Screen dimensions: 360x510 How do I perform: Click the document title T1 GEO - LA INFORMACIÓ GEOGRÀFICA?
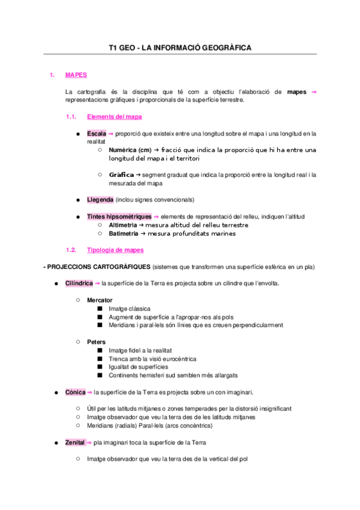point(180,47)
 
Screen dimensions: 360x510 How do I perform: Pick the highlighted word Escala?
point(96,134)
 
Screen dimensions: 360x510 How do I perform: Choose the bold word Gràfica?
point(121,174)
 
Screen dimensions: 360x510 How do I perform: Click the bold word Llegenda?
point(100,200)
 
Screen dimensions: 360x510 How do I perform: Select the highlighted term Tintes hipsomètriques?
point(119,217)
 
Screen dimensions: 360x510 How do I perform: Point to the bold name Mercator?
point(99,300)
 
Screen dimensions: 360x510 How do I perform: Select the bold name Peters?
point(96,342)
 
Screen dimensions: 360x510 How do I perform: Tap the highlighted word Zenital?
point(75,443)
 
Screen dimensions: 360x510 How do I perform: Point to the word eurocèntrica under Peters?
point(175,358)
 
